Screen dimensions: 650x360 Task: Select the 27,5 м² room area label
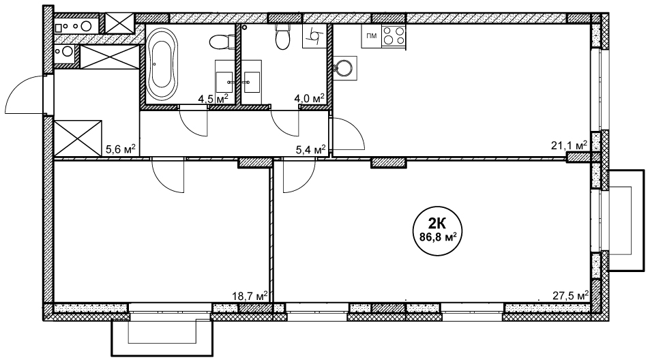[x=570, y=296]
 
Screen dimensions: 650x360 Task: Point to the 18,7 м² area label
[x=250, y=296]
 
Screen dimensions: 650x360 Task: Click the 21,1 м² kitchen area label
[x=569, y=145]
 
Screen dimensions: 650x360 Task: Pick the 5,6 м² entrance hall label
[x=121, y=149]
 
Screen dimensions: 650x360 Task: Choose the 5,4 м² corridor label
[x=310, y=149]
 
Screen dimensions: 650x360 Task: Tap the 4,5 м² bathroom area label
[x=213, y=99]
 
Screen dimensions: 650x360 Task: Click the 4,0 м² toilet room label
[x=309, y=99]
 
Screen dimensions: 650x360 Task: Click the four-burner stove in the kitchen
[x=394, y=36]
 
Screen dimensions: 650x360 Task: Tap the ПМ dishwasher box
[x=372, y=36]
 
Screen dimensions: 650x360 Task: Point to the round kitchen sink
[x=344, y=68]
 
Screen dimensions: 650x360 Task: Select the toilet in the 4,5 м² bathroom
[x=221, y=42]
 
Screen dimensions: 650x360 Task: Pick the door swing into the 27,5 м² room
[x=304, y=183]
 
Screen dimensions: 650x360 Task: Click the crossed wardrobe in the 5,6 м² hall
[x=78, y=138]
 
